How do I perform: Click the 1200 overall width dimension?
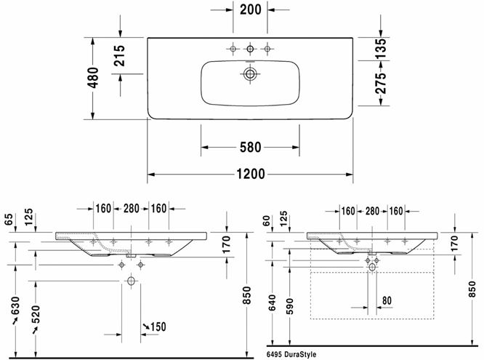click(x=250, y=174)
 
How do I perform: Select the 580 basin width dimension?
click(x=250, y=147)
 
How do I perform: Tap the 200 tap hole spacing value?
click(x=250, y=9)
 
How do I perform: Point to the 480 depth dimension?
click(x=93, y=78)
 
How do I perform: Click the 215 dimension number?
click(x=119, y=55)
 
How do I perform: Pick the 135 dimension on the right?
click(x=380, y=49)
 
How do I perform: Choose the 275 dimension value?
click(x=380, y=83)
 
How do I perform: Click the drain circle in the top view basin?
click(x=250, y=74)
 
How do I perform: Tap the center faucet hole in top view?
click(x=250, y=49)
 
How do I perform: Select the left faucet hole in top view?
click(x=233, y=49)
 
